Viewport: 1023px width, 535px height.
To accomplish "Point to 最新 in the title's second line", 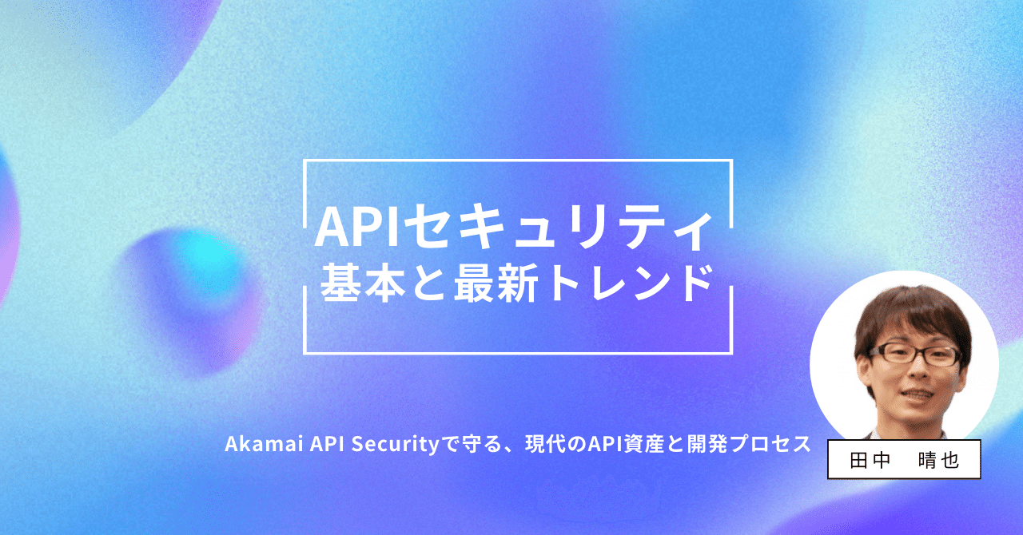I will click(488, 284).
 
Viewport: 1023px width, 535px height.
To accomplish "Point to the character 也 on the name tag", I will click(951, 460).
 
